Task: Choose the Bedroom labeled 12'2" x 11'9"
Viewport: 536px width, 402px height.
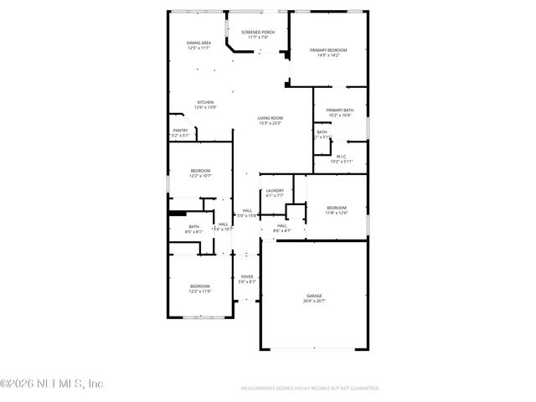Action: pos(199,288)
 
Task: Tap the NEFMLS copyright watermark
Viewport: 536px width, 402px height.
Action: pos(52,384)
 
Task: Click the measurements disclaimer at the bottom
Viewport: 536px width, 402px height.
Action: pos(310,389)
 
